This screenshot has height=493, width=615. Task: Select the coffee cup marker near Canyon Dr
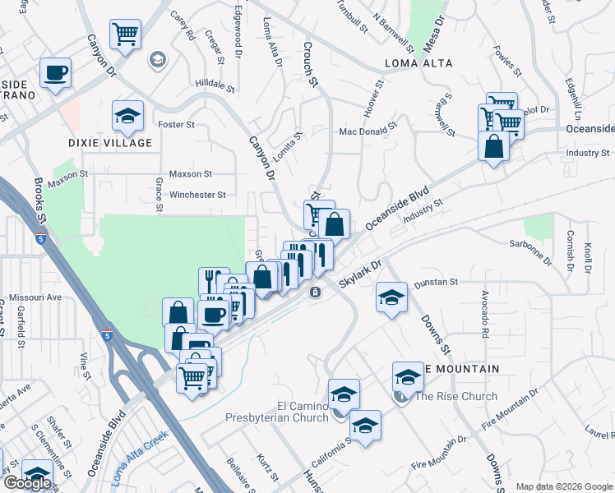(x=56, y=72)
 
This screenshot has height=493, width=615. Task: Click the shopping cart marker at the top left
(x=126, y=35)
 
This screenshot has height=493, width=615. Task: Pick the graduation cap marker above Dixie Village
(x=127, y=117)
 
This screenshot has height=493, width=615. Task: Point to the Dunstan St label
(x=436, y=282)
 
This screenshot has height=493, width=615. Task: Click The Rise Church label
(x=455, y=397)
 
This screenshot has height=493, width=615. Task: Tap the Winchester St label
(x=197, y=195)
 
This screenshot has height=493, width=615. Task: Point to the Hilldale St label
(x=215, y=84)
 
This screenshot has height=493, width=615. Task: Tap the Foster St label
(x=176, y=125)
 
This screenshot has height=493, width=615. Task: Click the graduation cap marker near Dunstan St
(x=391, y=297)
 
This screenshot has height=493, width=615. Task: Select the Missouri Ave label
(x=35, y=297)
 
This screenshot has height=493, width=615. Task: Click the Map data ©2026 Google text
(x=563, y=486)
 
